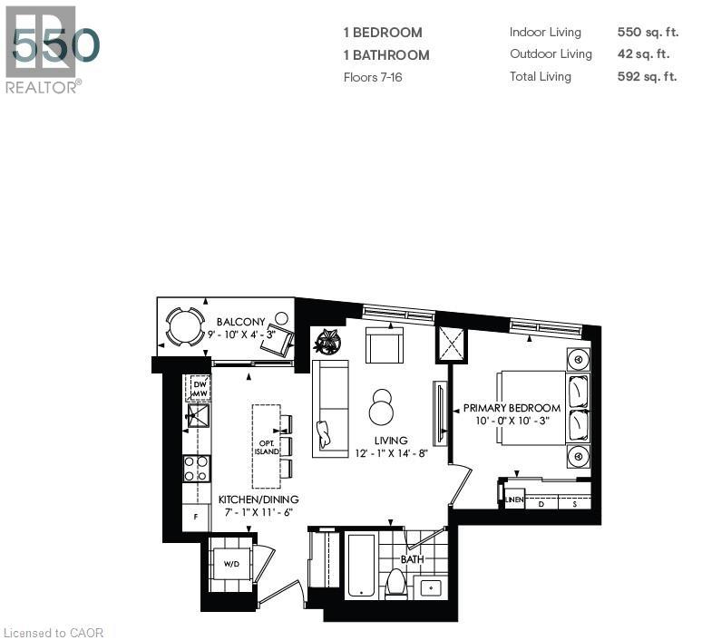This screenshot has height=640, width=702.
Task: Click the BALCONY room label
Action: pyautogui.click(x=240, y=322)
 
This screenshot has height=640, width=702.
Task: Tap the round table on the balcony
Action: pyautogui.click(x=185, y=326)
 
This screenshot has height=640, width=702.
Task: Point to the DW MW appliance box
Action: pyautogui.click(x=199, y=388)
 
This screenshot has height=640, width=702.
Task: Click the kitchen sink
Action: pyautogui.click(x=198, y=416)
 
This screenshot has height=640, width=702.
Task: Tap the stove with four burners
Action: pyautogui.click(x=197, y=468)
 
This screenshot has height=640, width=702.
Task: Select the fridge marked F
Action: pyautogui.click(x=195, y=516)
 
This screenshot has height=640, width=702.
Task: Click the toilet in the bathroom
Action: pyautogui.click(x=396, y=583)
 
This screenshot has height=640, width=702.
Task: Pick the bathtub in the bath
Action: pyautogui.click(x=360, y=566)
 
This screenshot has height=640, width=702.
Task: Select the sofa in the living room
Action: pyautogui.click(x=330, y=408)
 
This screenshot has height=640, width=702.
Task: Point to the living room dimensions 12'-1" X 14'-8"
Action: pyautogui.click(x=390, y=453)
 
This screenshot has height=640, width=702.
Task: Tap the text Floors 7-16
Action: pyautogui.click(x=372, y=77)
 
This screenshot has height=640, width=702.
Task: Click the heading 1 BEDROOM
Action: pyautogui.click(x=382, y=33)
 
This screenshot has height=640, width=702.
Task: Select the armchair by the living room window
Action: pyautogui.click(x=384, y=344)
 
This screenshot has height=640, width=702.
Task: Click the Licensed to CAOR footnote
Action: pyautogui.click(x=54, y=632)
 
